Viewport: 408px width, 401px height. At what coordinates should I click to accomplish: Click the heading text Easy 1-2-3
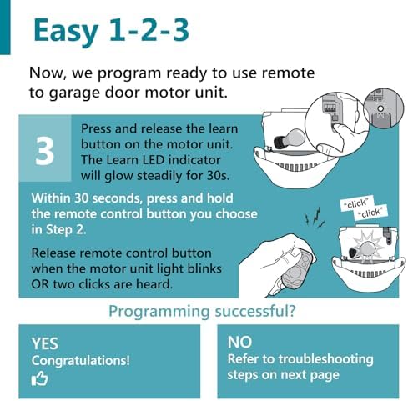click(x=111, y=31)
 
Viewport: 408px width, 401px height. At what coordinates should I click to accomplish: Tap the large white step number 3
click(x=44, y=152)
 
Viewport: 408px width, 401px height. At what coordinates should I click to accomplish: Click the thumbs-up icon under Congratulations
click(x=39, y=378)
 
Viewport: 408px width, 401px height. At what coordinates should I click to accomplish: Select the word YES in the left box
click(x=45, y=343)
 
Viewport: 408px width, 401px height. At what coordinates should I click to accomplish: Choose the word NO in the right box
click(x=239, y=342)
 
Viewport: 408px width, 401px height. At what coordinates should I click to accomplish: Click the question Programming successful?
click(x=202, y=311)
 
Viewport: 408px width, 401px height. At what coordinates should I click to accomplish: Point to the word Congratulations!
click(x=81, y=360)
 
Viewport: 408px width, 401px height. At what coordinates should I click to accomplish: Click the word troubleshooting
click(x=326, y=359)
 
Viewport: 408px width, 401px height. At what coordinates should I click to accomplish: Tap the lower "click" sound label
click(x=370, y=213)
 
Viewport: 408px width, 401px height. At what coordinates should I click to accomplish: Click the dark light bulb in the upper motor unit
click(x=290, y=138)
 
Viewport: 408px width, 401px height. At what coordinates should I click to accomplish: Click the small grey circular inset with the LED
click(x=384, y=108)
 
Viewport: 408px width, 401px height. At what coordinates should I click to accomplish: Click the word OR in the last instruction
click(x=40, y=284)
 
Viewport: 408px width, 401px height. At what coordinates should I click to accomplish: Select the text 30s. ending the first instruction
click(x=219, y=176)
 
